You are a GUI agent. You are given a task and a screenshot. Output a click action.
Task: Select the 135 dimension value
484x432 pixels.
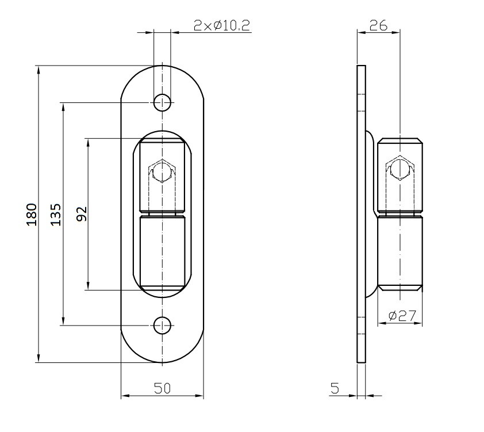coord(56,214)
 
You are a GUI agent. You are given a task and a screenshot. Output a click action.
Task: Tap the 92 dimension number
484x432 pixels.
coord(81,214)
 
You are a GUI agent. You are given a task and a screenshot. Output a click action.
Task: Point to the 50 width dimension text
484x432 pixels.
coord(162,388)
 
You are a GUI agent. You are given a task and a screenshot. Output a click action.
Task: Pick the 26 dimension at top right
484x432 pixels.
coord(378,25)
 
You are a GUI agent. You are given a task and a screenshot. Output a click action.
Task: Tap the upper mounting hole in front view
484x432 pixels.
coord(163,103)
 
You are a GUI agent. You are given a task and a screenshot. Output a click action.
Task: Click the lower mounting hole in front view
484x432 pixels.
coord(163,325)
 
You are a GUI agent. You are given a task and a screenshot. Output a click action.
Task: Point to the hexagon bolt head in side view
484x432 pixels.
coord(400,167)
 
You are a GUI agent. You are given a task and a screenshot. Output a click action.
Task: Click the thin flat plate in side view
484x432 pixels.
coord(361,334)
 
